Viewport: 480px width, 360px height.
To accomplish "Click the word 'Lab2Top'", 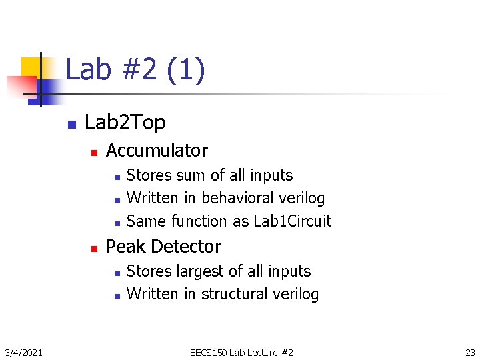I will (125, 123).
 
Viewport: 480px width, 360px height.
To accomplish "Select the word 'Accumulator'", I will (157, 151).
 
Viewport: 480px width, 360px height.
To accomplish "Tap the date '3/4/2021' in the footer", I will (23, 352).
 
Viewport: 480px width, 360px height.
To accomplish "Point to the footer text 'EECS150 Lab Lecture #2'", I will (241, 352).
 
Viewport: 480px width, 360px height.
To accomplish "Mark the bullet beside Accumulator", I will (94, 152).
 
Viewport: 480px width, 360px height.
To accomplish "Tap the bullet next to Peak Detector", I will (94, 248).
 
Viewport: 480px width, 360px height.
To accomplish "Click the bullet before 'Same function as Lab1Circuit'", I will (117, 222).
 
